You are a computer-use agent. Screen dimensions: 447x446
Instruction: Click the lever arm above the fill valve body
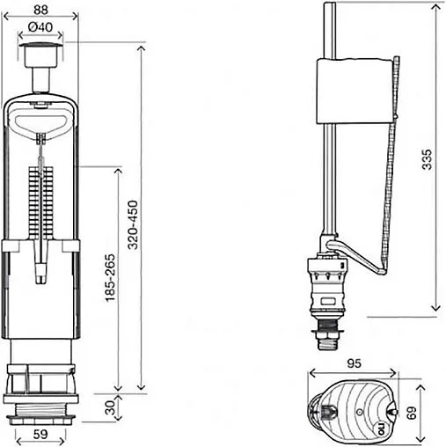pos(352,255)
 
